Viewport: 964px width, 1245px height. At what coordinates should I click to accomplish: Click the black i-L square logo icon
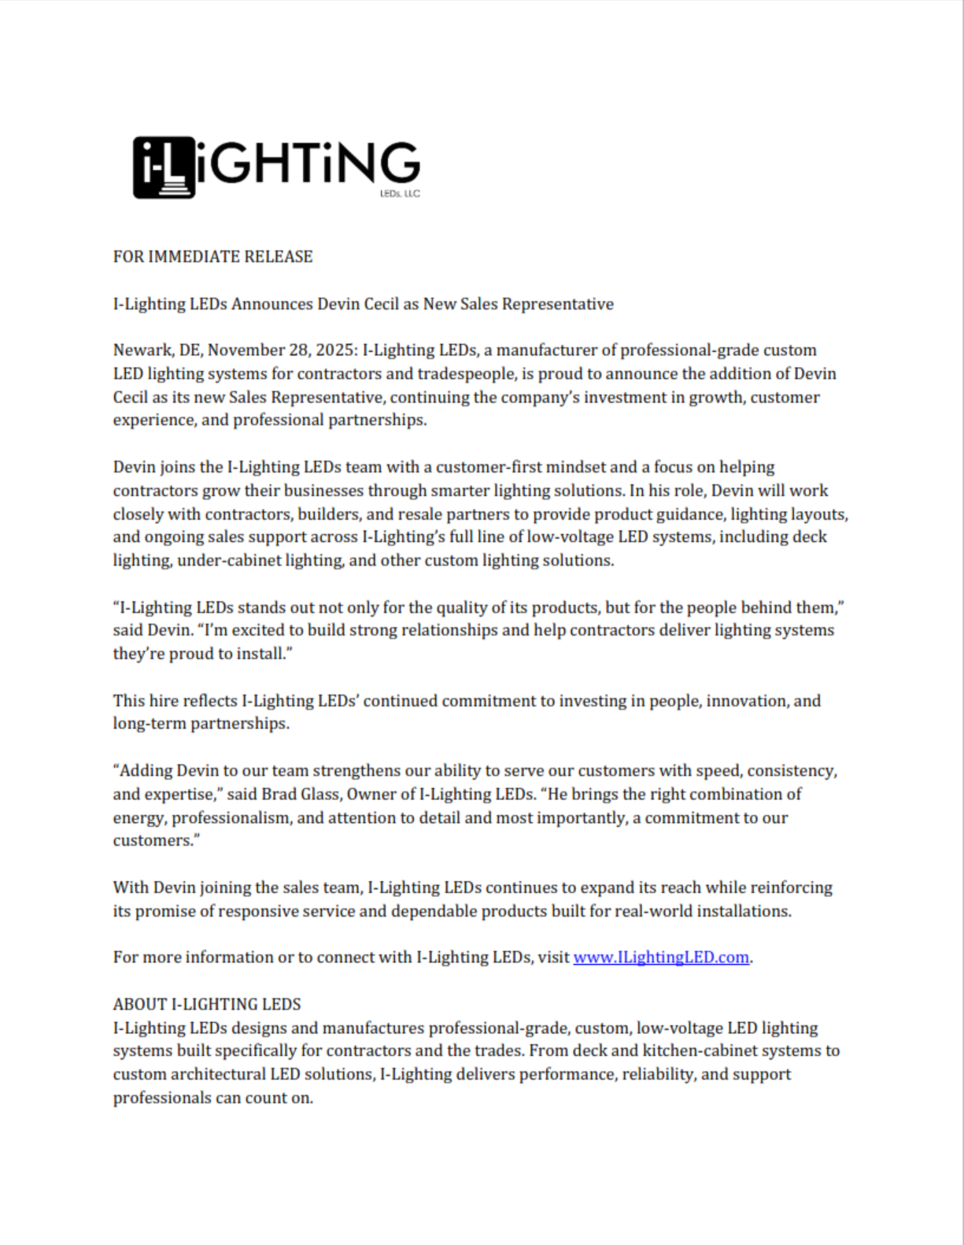pos(164,167)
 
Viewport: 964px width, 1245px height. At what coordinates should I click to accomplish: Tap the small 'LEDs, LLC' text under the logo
pos(400,194)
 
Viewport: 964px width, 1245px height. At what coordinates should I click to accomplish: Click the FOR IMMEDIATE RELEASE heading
pos(212,257)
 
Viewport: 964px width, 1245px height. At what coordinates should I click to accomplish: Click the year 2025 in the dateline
pos(334,350)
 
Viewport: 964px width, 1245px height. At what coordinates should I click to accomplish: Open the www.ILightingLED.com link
pos(661,958)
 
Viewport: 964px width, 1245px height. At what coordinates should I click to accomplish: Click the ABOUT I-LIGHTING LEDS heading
pos(207,1005)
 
